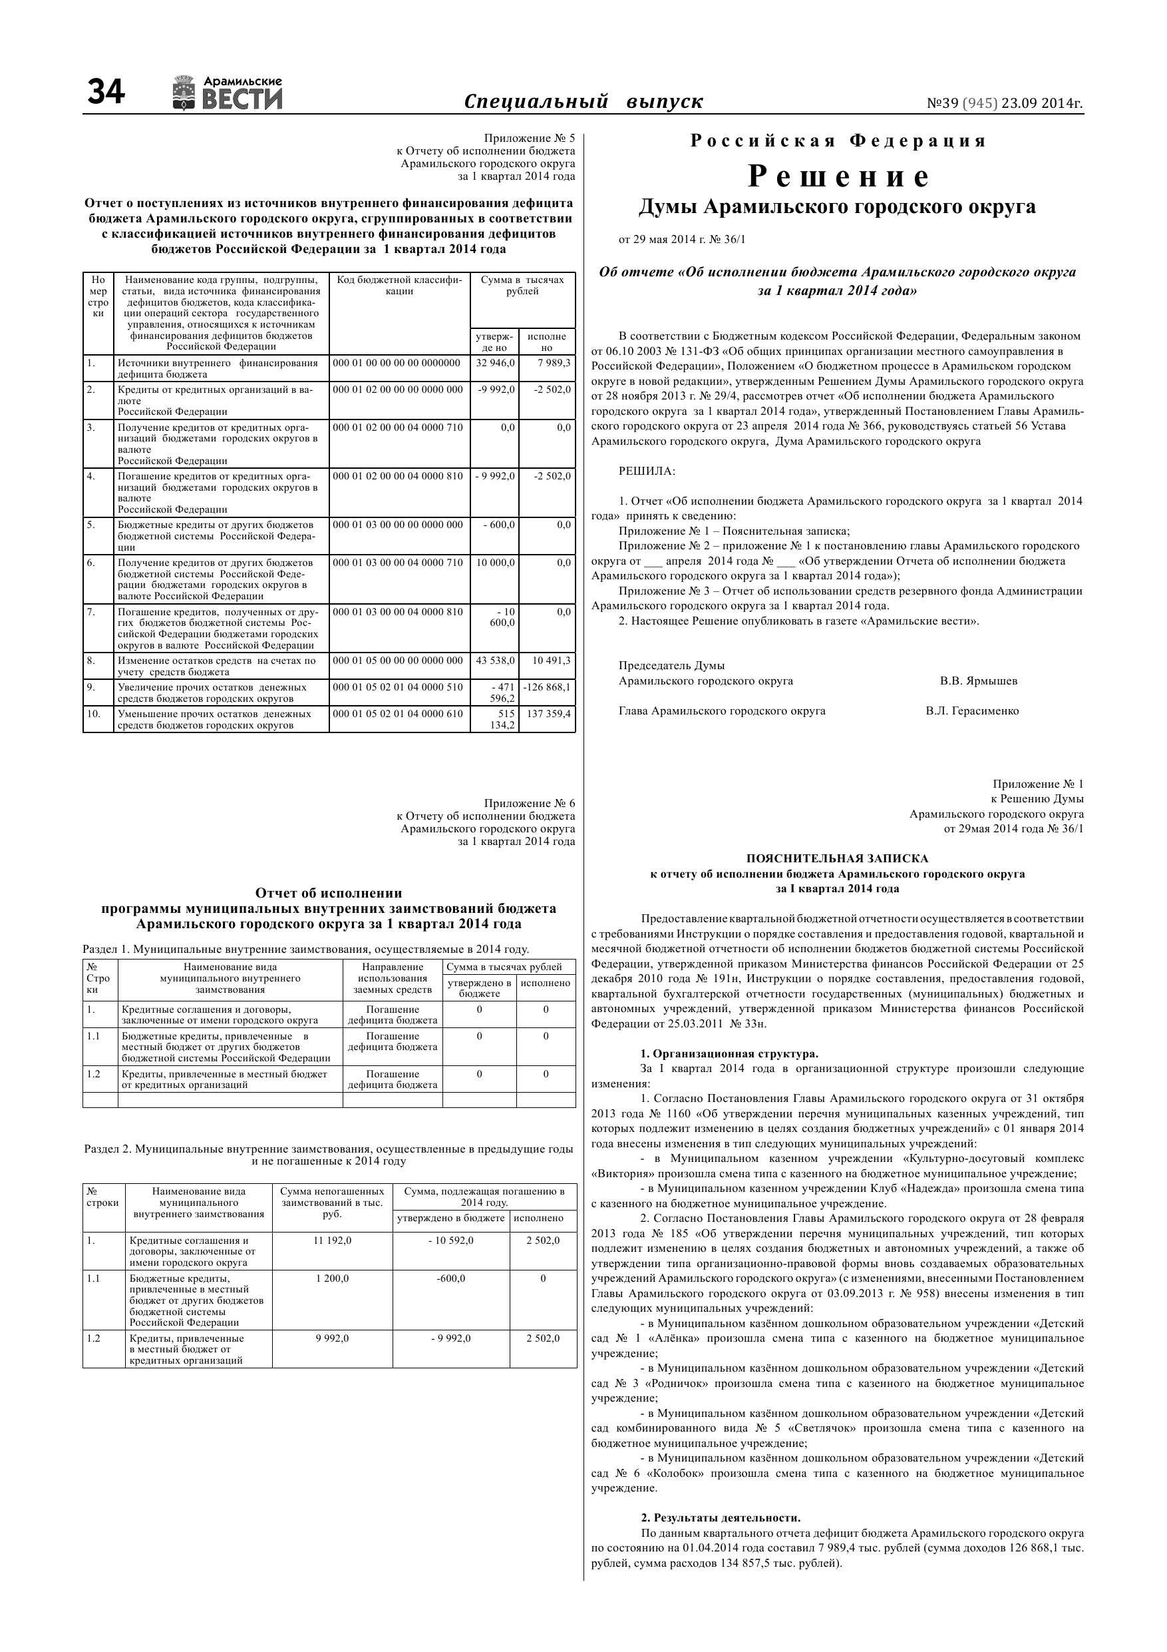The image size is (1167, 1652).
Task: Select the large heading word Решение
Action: [x=838, y=176]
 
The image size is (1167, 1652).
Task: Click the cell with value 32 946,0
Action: [x=496, y=364]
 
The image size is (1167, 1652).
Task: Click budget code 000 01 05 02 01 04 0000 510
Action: [x=398, y=688]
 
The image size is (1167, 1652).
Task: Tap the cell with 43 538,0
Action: [x=496, y=661]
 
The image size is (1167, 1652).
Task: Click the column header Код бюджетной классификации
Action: [x=399, y=286]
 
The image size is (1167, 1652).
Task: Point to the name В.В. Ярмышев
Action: [x=978, y=681]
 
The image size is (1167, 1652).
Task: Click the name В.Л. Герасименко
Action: [x=972, y=712]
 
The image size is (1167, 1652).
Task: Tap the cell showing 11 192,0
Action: [x=332, y=1241]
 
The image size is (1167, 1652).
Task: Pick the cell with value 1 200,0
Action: [x=332, y=1278]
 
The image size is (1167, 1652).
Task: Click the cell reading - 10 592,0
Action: [x=451, y=1241]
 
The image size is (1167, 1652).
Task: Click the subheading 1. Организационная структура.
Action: [x=729, y=1054]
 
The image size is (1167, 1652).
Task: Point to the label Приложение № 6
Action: [x=529, y=804]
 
